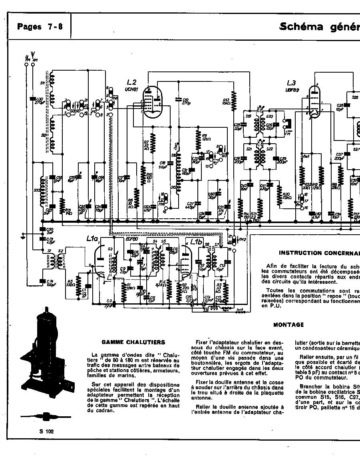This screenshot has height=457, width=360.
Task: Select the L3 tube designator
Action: pyautogui.click(x=291, y=83)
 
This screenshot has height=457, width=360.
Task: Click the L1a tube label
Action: pyautogui.click(x=92, y=239)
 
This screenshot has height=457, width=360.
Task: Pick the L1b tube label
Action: pyautogui.click(x=196, y=242)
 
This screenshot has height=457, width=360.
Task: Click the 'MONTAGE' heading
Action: pyautogui.click(x=288, y=325)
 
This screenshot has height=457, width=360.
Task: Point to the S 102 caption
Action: pyautogui.click(x=46, y=431)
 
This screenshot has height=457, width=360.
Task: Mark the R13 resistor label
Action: pyautogui.click(x=226, y=101)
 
